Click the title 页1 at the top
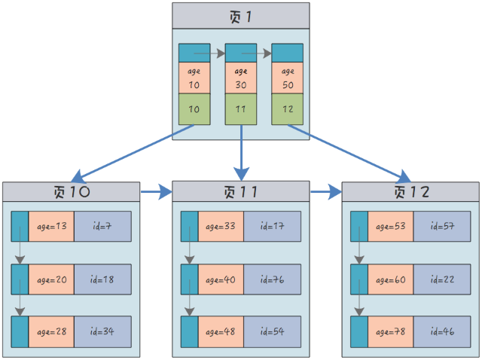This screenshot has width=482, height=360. [x=240, y=17]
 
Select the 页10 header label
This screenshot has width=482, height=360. [x=70, y=192]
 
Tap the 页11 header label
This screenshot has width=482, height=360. [x=240, y=192]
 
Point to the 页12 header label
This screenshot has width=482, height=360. [x=410, y=192]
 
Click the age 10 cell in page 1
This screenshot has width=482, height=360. [x=194, y=78]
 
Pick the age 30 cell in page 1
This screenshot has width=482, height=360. [x=241, y=78]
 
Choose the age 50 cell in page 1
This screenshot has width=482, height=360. [x=287, y=78]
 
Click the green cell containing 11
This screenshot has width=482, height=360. [x=241, y=109]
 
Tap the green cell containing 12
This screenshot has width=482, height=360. [x=287, y=109]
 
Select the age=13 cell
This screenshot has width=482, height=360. [x=51, y=227]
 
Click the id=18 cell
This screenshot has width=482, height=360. [x=102, y=279]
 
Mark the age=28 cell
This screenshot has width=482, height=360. [x=51, y=331]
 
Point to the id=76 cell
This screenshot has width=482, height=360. [x=272, y=279]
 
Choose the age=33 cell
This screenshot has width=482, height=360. [x=221, y=227]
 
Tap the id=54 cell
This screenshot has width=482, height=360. [x=272, y=331]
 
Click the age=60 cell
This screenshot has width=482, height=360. [x=391, y=279]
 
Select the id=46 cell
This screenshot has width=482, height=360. [x=442, y=331]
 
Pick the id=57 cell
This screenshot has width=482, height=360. [x=442, y=227]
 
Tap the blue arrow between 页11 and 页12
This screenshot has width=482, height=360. [x=326, y=192]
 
